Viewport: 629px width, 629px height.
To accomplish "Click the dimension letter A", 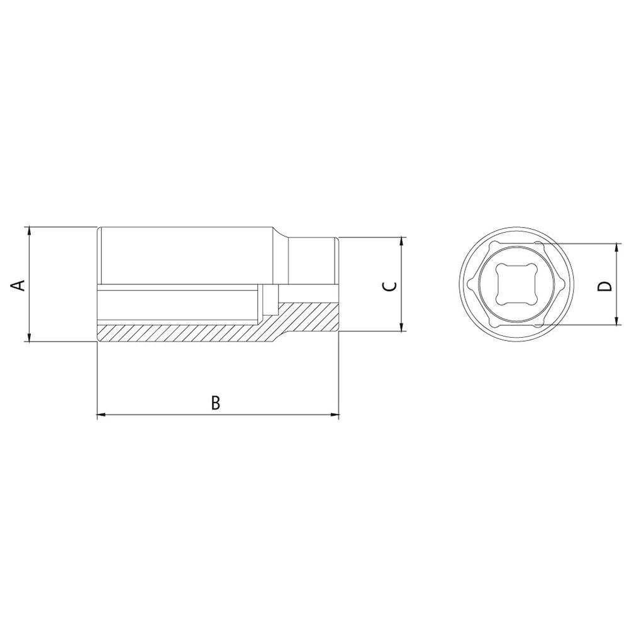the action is coord(18,285).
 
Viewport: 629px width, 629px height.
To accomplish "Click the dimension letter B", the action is coord(216,403).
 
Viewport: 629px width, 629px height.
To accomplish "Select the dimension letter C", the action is coord(389,286).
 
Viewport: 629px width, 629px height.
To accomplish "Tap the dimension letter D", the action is coord(604,286).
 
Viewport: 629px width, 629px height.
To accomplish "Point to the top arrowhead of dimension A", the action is coord(28,231).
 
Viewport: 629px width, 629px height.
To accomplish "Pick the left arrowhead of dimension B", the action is coord(102,415).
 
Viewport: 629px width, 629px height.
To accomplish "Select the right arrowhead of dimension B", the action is coord(334,415).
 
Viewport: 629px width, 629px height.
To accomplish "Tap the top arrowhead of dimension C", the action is coord(401,242).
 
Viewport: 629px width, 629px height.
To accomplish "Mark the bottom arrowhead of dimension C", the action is coord(401,326).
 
